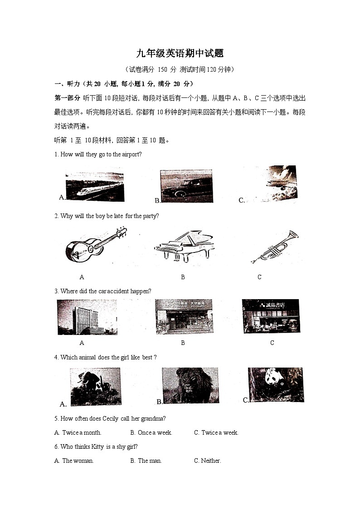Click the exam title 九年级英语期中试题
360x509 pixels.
(x=180, y=53)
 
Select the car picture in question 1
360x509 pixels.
(x=186, y=186)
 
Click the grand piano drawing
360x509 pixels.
(x=184, y=246)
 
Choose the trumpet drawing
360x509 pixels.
(x=275, y=247)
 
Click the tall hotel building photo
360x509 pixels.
(x=87, y=317)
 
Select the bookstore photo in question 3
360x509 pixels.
(x=271, y=316)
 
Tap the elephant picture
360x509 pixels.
(x=95, y=386)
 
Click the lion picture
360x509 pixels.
(x=190, y=385)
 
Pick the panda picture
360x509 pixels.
(x=276, y=384)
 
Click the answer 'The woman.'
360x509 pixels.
(x=78, y=461)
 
